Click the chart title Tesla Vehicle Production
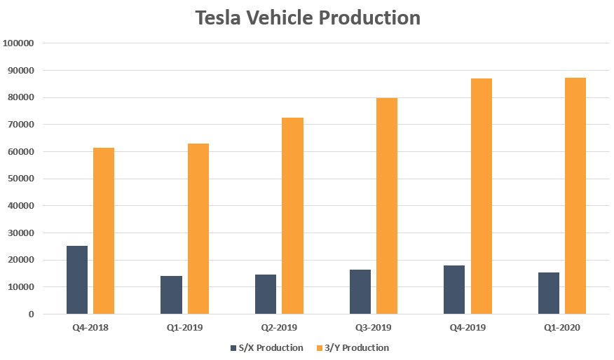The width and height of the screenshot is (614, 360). [x=308, y=18]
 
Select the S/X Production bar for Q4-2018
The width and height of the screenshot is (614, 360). [x=77, y=280]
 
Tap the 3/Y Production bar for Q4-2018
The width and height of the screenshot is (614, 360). [x=104, y=231]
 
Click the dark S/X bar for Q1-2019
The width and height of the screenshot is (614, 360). [x=171, y=295]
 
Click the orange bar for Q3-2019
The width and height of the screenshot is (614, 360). [x=387, y=206]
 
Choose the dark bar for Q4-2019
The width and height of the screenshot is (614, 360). [x=454, y=289]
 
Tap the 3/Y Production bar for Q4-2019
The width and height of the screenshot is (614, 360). [x=482, y=196]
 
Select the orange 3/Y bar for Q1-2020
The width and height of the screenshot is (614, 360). [x=575, y=196]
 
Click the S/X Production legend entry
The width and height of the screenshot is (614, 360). [x=266, y=348]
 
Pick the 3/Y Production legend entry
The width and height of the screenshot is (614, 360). [x=353, y=348]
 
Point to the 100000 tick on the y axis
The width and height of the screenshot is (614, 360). [x=19, y=43]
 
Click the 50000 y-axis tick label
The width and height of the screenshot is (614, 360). [x=21, y=179]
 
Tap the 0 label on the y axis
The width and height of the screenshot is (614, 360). [x=32, y=314]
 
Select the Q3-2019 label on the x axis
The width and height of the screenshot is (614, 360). [x=374, y=328]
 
